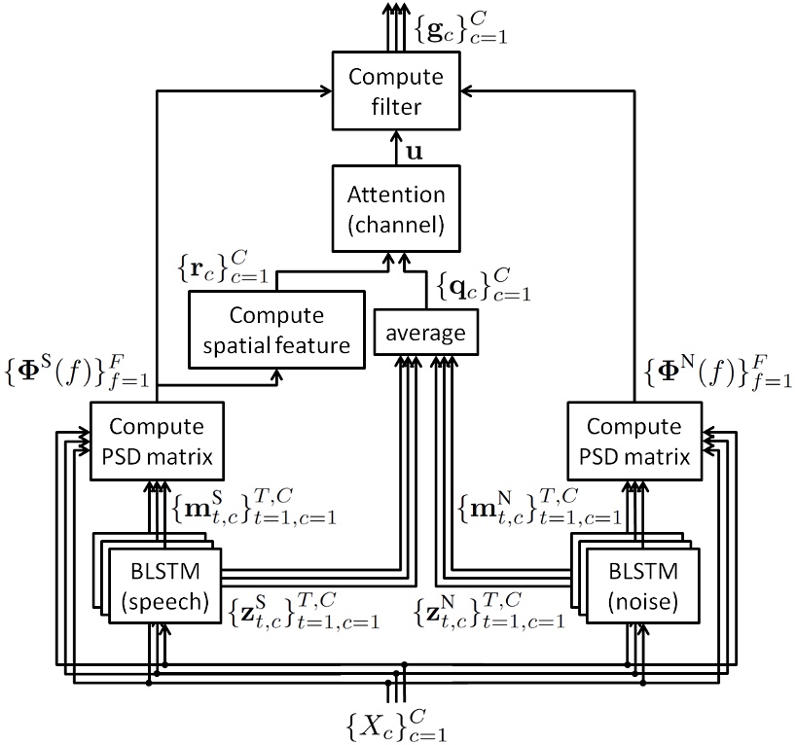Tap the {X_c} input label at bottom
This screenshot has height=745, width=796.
pyautogui.click(x=400, y=725)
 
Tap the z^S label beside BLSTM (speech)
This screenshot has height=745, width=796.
pyautogui.click(x=303, y=611)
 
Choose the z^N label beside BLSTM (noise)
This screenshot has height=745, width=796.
pyautogui.click(x=489, y=611)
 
